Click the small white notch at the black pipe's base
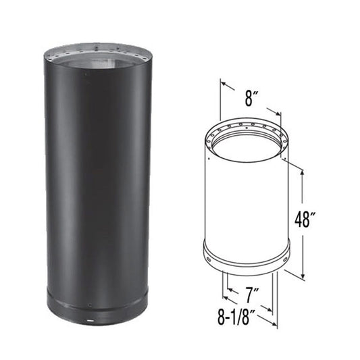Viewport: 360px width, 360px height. (88, 316)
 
